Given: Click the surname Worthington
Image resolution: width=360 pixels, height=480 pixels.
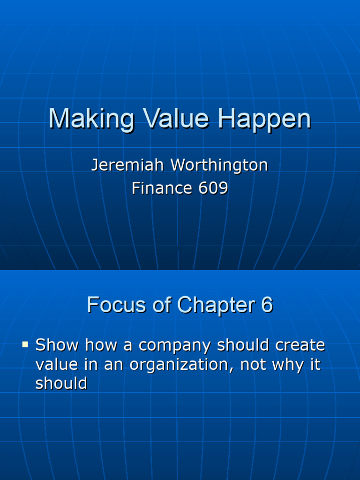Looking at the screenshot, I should pyautogui.click(x=219, y=165).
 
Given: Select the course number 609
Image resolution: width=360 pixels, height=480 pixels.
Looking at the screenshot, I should pyautogui.click(x=213, y=188).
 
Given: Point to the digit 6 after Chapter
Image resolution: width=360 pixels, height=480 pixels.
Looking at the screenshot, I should pyautogui.click(x=267, y=305).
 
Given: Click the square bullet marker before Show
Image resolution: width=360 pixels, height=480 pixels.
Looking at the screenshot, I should pyautogui.click(x=25, y=345).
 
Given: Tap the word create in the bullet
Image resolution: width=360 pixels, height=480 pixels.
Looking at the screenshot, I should pyautogui.click(x=300, y=345).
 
